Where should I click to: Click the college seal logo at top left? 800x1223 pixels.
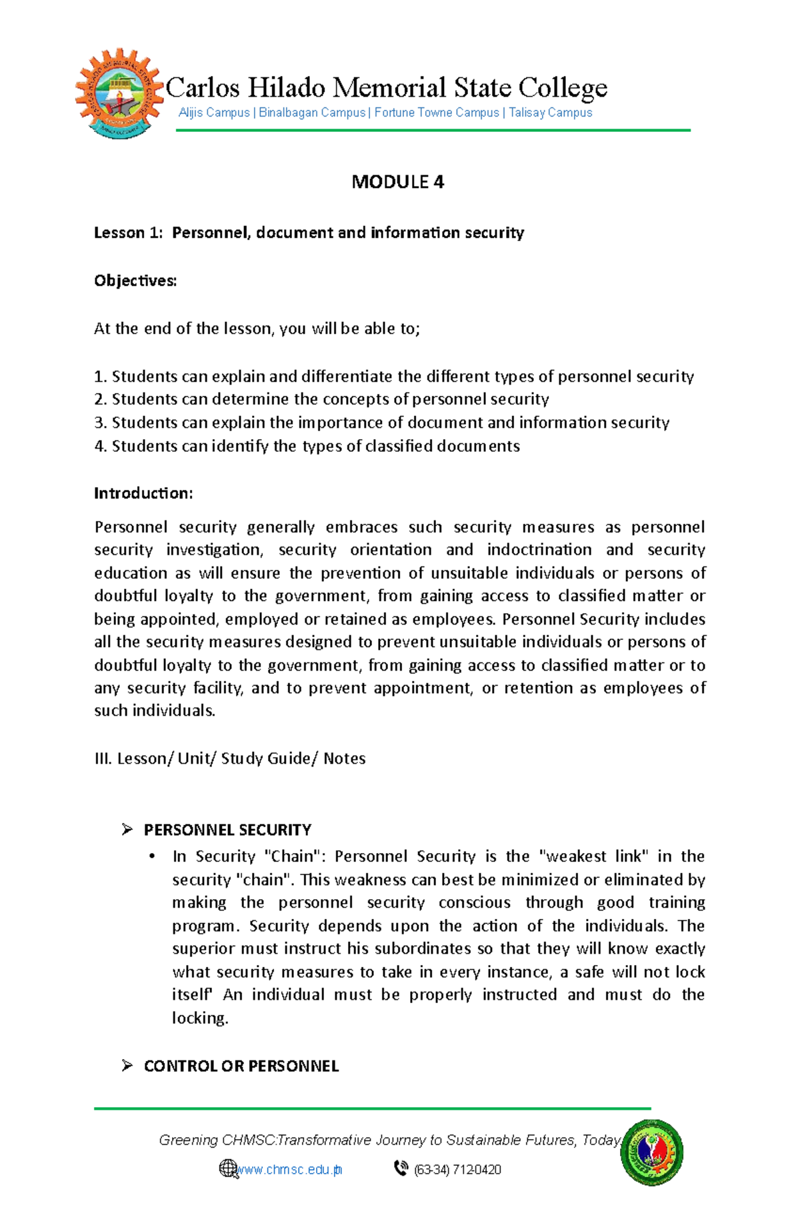[x=119, y=94]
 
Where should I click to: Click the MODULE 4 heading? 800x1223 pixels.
[x=397, y=182]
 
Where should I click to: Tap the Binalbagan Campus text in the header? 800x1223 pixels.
[x=311, y=113]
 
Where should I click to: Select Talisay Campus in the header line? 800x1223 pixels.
[x=550, y=113]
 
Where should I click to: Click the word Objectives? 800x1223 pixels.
[x=135, y=281]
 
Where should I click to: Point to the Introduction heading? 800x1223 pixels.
[x=143, y=493]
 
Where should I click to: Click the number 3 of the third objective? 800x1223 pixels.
[x=99, y=423]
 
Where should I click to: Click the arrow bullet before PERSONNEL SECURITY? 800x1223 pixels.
[x=127, y=829]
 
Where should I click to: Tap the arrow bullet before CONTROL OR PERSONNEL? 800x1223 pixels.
[x=127, y=1066]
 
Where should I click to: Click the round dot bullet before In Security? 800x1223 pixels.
[x=153, y=856]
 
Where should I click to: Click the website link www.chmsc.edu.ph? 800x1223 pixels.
[x=289, y=1170]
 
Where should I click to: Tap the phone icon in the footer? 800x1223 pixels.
[x=401, y=1168]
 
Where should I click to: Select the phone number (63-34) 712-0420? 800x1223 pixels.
[x=457, y=1170]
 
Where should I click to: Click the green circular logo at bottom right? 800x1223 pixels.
[x=651, y=1152]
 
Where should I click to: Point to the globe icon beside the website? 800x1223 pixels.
[x=228, y=1168]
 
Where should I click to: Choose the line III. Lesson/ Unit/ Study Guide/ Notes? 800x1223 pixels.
[x=230, y=758]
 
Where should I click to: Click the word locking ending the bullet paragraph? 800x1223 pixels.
[x=199, y=1018]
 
